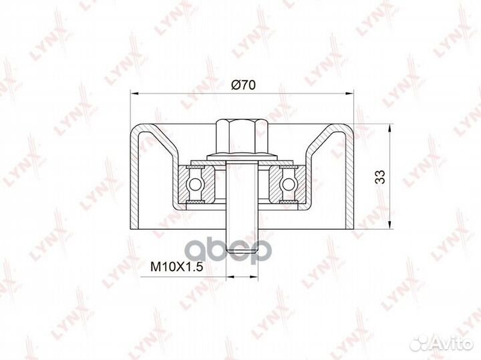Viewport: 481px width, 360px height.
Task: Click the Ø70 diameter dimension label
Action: click(x=243, y=85)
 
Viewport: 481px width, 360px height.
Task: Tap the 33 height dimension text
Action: click(x=379, y=176)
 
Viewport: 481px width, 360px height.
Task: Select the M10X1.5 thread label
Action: click(x=176, y=267)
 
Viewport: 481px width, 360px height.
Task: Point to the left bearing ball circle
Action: click(x=194, y=184)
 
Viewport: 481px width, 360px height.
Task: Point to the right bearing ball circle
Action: click(x=287, y=184)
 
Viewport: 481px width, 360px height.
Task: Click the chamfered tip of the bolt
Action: click(x=242, y=250)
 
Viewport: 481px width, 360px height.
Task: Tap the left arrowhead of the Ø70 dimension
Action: click(x=135, y=92)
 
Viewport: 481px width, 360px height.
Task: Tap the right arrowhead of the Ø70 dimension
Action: click(x=349, y=92)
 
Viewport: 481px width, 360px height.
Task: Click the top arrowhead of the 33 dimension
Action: click(x=389, y=128)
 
